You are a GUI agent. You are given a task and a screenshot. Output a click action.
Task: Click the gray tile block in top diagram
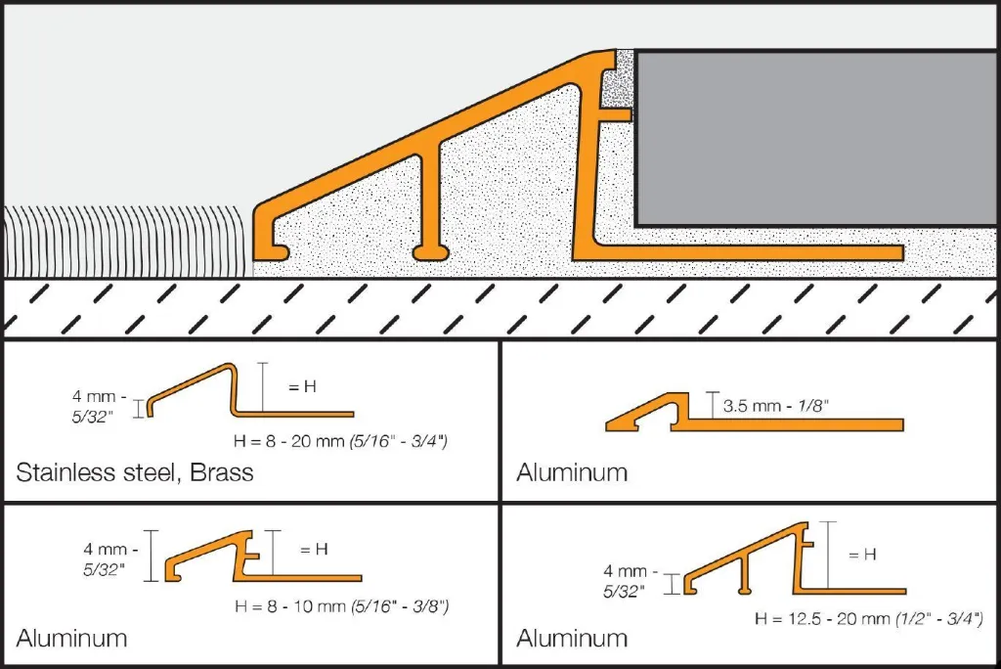pyautogui.click(x=816, y=137)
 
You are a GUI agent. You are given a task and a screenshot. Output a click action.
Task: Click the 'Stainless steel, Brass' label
pyautogui.click(x=135, y=473)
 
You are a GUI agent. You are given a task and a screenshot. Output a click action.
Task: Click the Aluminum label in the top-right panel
pyautogui.click(x=572, y=473)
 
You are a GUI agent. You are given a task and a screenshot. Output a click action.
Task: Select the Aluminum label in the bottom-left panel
pyautogui.click(x=71, y=639)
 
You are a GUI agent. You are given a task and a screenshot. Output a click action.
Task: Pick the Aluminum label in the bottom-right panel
pyautogui.click(x=572, y=639)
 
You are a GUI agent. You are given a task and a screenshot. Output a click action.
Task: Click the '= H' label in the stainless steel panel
pyautogui.click(x=301, y=386)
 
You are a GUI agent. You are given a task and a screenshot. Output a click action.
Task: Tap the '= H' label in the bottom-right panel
pyautogui.click(x=861, y=555)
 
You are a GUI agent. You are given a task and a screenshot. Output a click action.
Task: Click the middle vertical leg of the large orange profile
pyautogui.click(x=431, y=196)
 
